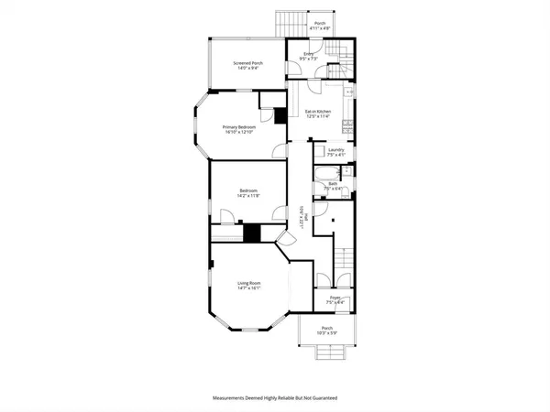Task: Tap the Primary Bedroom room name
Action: tap(237, 126)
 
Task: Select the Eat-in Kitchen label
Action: tap(318, 112)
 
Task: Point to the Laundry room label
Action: tap(335, 149)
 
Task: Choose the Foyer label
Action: tap(335, 298)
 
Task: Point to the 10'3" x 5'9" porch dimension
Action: tap(326, 333)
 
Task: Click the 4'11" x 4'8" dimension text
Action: tap(320, 28)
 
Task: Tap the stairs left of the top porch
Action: tap(291, 25)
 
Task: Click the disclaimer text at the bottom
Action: tap(275, 399)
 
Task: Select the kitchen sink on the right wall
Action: tap(350, 93)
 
